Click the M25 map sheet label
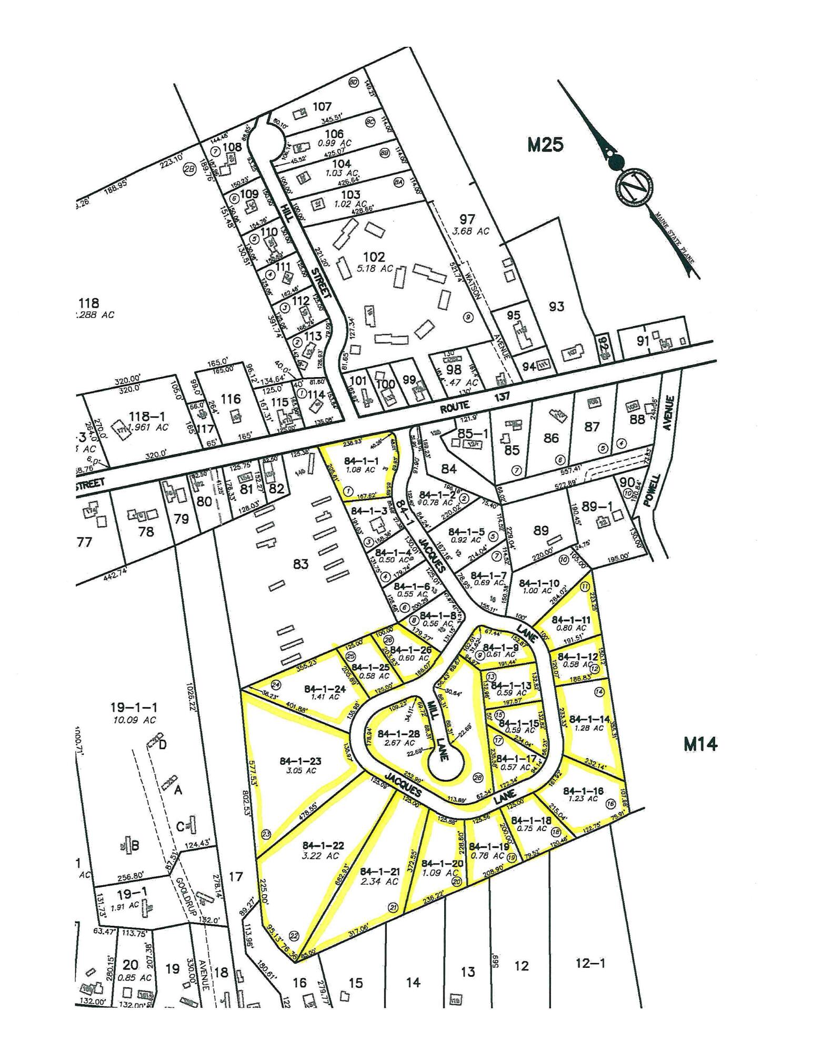coord(545,144)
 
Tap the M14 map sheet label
coord(700,744)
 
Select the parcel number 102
coord(374,257)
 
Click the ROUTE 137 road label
coord(474,401)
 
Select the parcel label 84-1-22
coord(324,845)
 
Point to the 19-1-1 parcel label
coord(134,707)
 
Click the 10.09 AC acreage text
coord(134,720)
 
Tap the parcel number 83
coord(300,564)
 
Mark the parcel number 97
coord(467,219)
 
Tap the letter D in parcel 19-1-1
coord(163,744)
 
